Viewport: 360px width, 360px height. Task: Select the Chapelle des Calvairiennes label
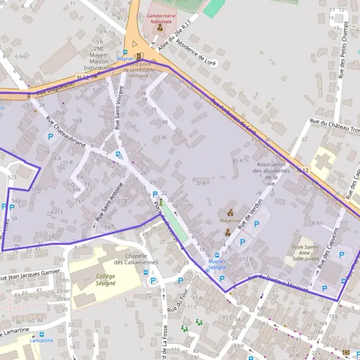click(x=132, y=259)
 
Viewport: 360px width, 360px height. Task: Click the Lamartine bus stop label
click(x=41, y=340)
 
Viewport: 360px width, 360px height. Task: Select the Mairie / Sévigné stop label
click(x=217, y=265)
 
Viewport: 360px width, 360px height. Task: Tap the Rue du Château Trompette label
click(x=335, y=125)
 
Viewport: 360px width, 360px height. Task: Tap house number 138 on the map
click(x=161, y=137)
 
